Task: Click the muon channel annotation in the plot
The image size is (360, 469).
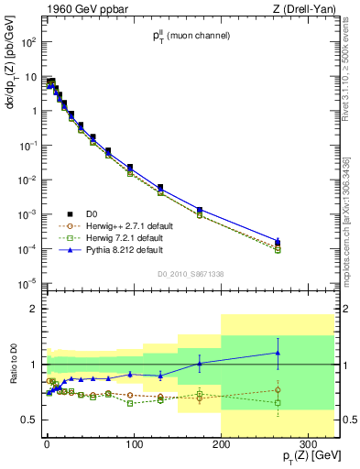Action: click(191, 37)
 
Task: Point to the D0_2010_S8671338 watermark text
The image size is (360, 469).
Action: click(191, 273)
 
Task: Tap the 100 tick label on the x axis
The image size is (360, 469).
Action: click(134, 445)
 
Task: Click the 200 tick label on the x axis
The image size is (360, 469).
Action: click(221, 445)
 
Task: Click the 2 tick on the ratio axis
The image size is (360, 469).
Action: click(32, 310)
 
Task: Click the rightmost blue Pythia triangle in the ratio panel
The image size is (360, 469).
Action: click(278, 353)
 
